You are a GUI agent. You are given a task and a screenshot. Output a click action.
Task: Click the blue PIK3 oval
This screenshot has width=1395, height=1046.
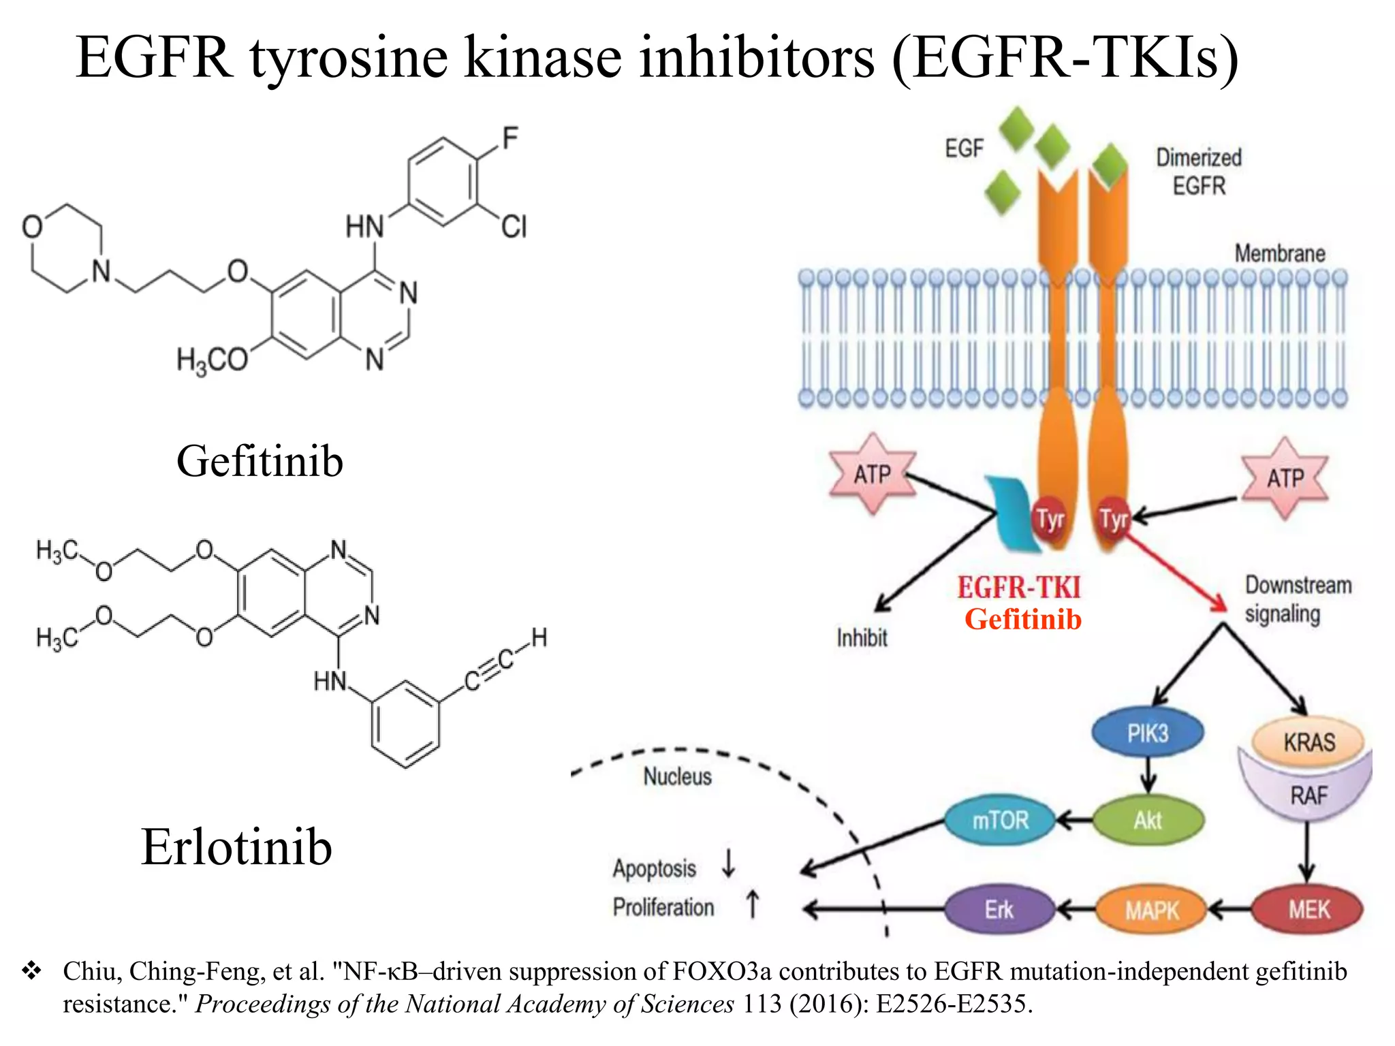[x=1147, y=733]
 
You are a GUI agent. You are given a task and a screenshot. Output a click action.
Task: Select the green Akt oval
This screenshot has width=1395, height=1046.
[x=1148, y=820]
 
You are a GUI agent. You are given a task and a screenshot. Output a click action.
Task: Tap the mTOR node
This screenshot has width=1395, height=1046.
[x=999, y=820]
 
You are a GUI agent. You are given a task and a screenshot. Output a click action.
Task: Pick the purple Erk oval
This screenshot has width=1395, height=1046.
[x=999, y=910]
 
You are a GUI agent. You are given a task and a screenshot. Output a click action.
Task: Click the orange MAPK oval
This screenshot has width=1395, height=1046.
[x=1151, y=910]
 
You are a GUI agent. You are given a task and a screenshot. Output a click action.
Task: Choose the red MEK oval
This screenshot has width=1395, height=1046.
[x=1308, y=910]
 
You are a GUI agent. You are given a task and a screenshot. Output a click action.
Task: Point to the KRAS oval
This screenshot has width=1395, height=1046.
[x=1308, y=742]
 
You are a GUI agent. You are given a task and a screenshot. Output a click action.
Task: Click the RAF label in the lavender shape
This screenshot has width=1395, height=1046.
[x=1308, y=795]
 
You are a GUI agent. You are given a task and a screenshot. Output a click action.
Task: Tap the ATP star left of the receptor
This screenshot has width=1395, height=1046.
[x=873, y=474]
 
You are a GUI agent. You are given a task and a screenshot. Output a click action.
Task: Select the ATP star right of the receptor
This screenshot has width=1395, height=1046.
[x=1285, y=478]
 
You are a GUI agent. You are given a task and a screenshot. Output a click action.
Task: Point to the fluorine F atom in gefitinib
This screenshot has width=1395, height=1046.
[x=510, y=138]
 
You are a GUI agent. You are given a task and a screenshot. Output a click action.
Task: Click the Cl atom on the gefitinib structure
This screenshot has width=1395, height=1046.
[x=514, y=227]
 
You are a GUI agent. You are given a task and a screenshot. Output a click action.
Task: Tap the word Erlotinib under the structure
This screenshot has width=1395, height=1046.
[x=236, y=846]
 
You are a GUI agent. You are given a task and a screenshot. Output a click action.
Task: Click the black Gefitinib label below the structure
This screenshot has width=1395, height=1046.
[x=260, y=461]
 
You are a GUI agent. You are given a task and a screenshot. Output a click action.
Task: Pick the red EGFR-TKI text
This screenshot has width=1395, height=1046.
[x=1019, y=587]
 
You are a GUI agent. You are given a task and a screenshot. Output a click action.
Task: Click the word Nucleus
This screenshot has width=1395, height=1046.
[x=677, y=776]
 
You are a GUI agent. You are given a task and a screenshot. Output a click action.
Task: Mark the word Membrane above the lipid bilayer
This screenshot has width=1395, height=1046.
[x=1279, y=253]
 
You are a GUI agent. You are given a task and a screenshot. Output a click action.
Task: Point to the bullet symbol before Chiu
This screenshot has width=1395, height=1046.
[x=31, y=970]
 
